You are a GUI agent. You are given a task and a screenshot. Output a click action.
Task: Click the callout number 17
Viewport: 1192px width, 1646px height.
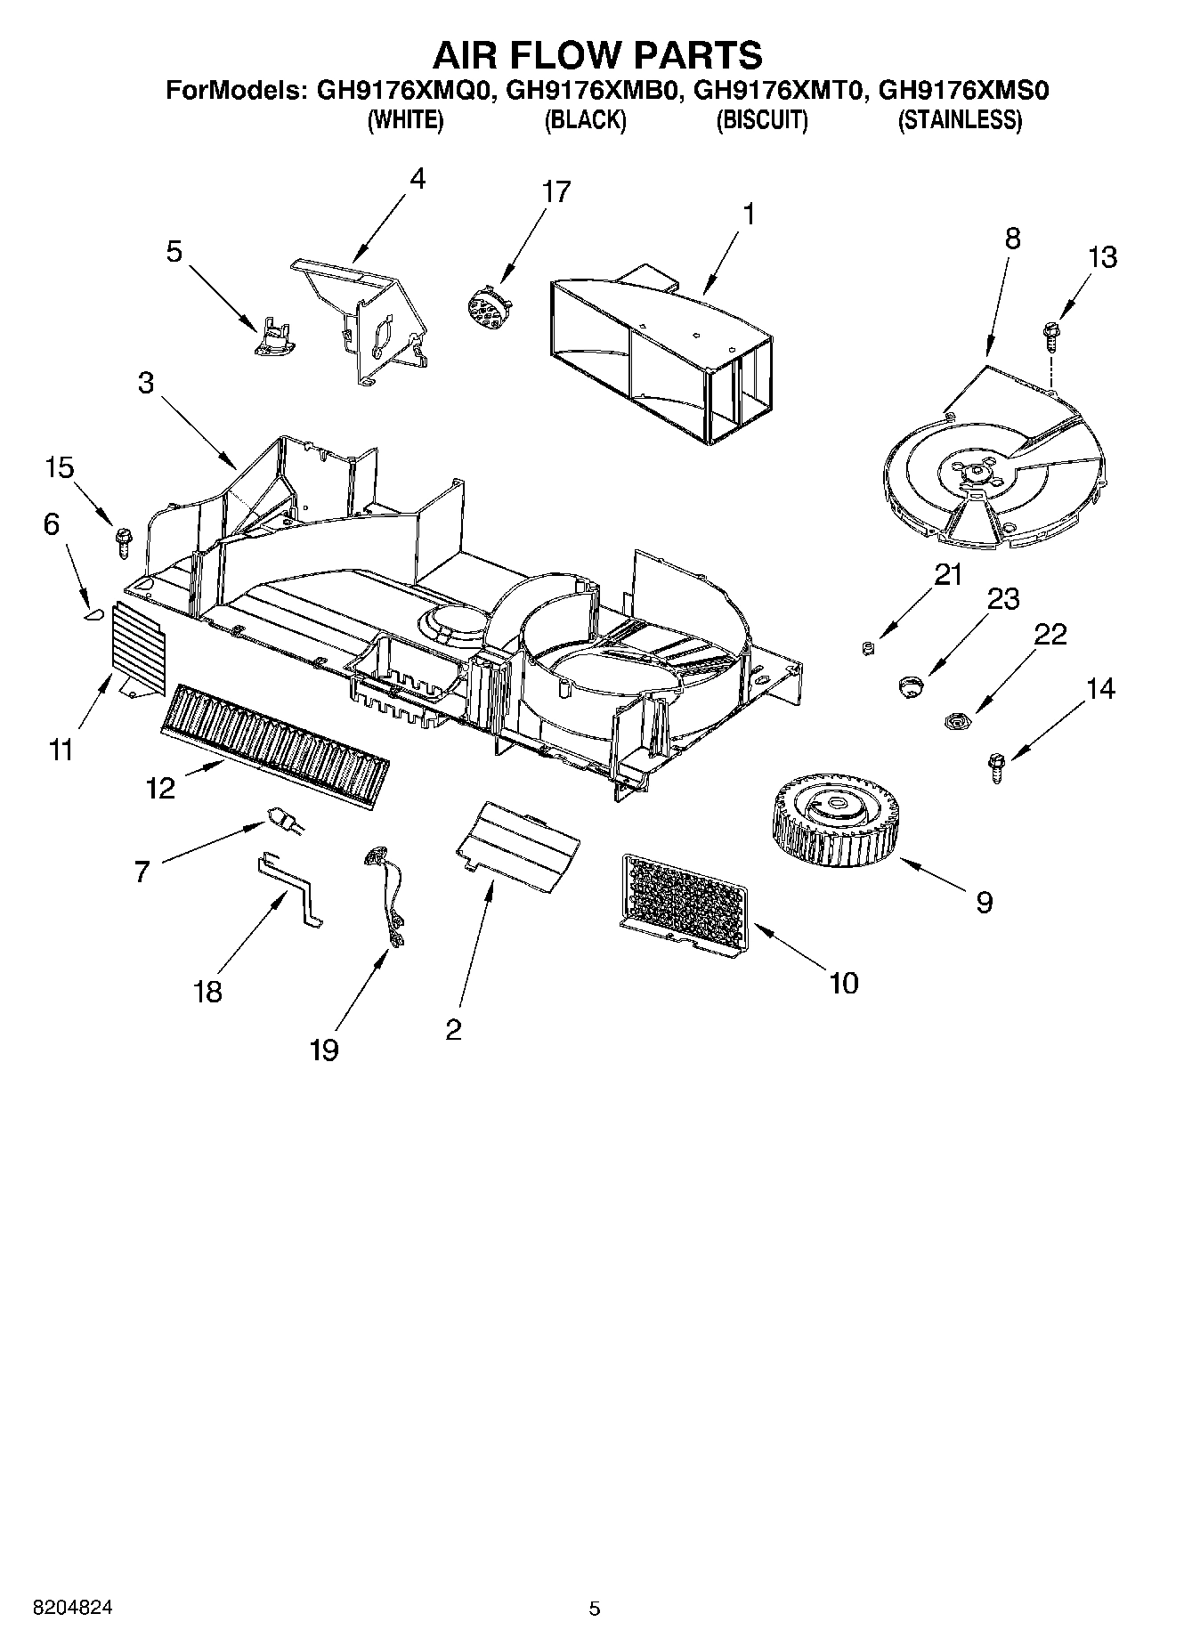point(556,191)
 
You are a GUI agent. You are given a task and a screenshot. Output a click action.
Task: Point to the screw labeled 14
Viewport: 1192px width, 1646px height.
point(997,766)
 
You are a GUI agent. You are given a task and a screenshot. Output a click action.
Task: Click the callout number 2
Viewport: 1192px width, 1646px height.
point(453,1029)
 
